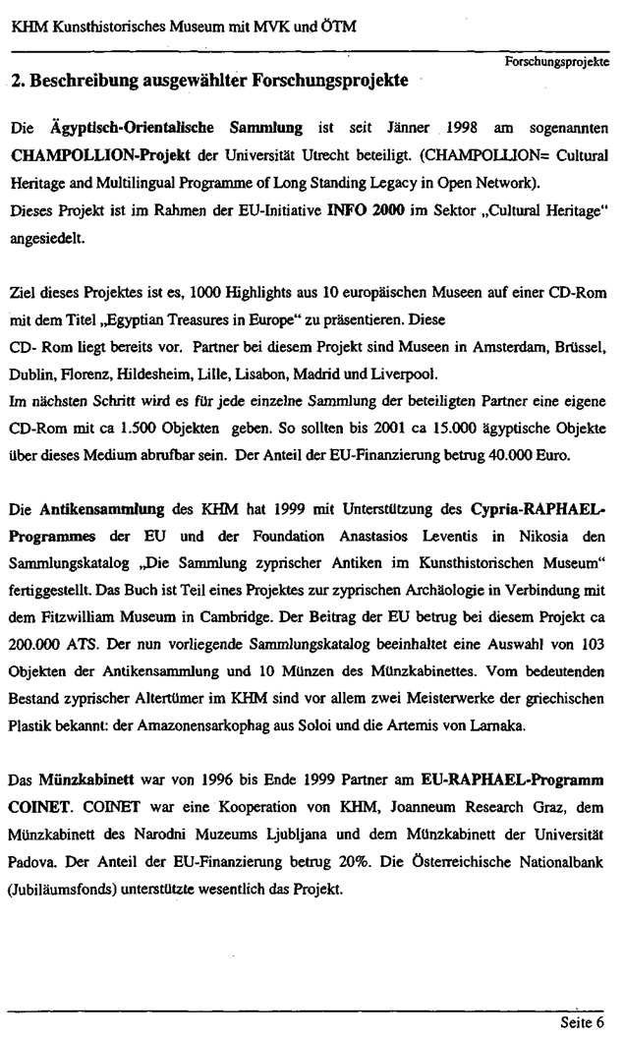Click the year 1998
[x=462, y=129]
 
